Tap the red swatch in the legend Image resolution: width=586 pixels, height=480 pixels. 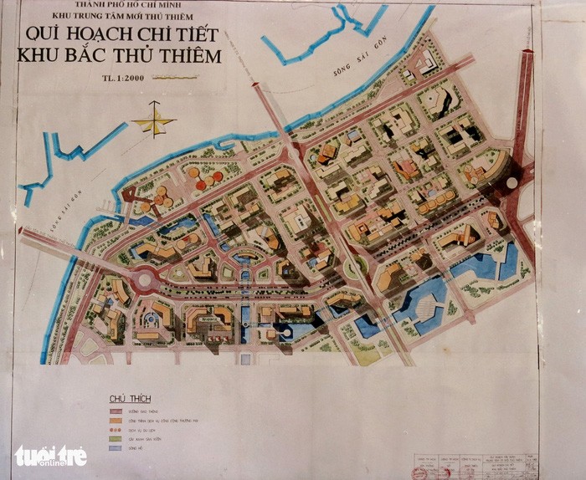click(115, 411)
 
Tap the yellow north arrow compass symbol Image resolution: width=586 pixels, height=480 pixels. click(154, 120)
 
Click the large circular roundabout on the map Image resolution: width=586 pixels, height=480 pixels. click(147, 278)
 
